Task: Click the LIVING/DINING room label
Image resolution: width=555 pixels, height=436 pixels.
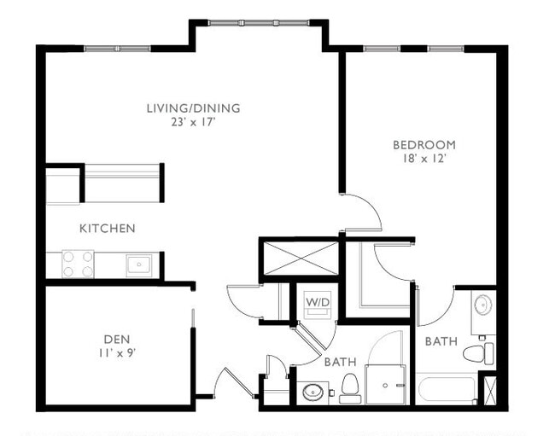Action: (193, 108)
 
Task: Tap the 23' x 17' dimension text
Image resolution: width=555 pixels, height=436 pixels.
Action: (193, 122)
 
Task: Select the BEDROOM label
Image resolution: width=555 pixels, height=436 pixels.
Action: (424, 144)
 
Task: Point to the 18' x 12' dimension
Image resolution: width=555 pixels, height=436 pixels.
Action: (424, 158)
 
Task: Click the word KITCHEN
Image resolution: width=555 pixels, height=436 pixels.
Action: (107, 229)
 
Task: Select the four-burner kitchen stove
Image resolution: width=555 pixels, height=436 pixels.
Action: (78, 264)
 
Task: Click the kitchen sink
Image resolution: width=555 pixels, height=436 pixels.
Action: (139, 265)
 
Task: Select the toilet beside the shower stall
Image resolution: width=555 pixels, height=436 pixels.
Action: (349, 389)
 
